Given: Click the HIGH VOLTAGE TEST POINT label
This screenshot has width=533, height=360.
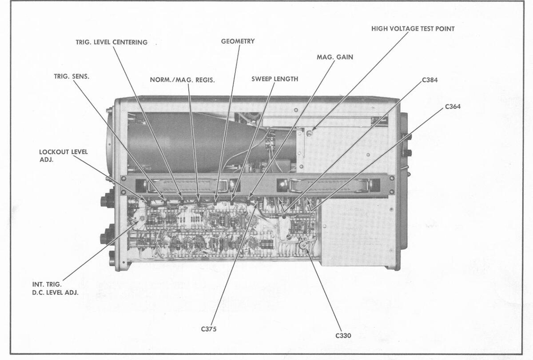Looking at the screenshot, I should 413,29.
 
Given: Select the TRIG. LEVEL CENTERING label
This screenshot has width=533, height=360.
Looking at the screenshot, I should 111,42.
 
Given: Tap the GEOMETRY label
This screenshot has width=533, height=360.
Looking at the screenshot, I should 238,41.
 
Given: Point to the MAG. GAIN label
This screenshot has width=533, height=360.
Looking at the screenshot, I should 335,57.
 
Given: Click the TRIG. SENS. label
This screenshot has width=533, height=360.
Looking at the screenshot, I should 72,76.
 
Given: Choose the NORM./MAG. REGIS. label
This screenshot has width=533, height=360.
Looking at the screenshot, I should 182,80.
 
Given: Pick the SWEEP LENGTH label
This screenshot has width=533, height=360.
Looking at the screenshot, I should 274,79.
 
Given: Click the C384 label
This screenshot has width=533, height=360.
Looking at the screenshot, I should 430,80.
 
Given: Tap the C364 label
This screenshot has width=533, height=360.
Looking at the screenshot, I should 453,107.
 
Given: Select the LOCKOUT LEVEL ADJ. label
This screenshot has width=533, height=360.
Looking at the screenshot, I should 64,156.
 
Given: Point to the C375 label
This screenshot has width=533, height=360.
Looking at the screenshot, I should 208,329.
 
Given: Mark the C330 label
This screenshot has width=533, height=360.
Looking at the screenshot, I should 343,336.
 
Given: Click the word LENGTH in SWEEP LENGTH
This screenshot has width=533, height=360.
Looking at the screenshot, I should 286,79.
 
